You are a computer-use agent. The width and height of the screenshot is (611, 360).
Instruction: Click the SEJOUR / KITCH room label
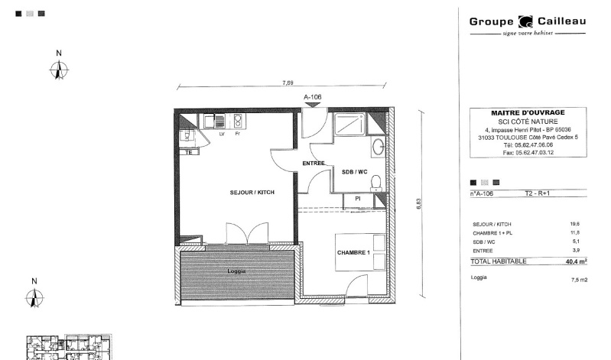tap(252, 193)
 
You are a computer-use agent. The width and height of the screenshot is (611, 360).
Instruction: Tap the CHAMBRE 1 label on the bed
tap(353, 252)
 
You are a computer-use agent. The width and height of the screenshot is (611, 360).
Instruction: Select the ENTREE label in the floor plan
tap(314, 164)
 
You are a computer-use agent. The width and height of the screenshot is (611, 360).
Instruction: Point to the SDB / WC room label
tap(355, 172)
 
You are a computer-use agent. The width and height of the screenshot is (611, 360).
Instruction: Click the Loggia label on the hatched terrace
tap(236, 271)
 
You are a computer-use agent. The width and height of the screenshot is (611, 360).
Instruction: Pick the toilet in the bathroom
tap(376, 183)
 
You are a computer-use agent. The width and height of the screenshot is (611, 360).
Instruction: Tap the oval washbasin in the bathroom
tap(378, 148)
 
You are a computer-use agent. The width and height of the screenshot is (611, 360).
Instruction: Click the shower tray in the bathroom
tap(349, 124)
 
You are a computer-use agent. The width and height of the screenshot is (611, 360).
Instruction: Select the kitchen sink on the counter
tap(214, 122)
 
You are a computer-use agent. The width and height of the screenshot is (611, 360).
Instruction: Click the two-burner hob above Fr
tap(237, 121)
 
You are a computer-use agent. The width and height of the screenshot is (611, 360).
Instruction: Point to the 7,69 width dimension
tap(288, 83)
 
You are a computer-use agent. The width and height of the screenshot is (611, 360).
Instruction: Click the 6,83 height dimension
tap(419, 204)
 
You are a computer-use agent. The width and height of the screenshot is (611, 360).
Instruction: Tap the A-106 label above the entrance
tap(313, 97)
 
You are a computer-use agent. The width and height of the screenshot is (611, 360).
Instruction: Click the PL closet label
tap(358, 199)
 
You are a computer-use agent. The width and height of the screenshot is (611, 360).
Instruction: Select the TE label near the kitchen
tap(189, 152)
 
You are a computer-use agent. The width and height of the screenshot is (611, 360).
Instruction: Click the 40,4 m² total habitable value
tap(577, 261)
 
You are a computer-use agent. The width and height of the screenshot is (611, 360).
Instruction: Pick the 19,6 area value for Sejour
tap(574, 224)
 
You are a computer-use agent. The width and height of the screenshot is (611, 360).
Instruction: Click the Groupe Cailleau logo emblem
tap(525, 22)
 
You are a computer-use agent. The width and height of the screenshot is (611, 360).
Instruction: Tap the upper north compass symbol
tap(59, 70)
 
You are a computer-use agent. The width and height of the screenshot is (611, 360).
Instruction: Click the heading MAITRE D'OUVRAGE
tap(528, 113)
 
